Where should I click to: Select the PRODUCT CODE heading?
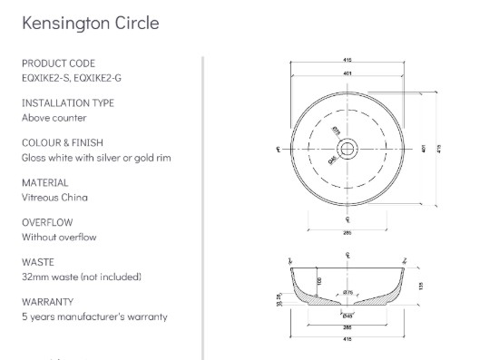(x=57, y=63)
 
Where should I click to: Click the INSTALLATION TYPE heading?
(x=68, y=103)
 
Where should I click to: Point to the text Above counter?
(x=54, y=117)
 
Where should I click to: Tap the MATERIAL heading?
(x=45, y=182)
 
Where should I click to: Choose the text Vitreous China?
(x=55, y=197)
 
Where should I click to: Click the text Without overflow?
(x=59, y=237)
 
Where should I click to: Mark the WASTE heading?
(x=36, y=262)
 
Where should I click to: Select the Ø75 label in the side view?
(x=348, y=292)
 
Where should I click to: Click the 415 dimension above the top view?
(x=347, y=61)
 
